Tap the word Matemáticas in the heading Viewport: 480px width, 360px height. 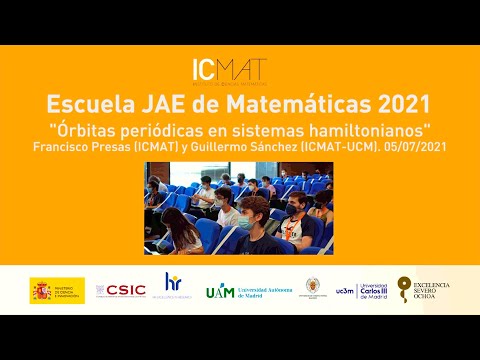coord(283,104)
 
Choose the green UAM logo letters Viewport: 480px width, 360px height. coord(219,291)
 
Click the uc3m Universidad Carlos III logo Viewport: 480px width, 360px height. coord(361,290)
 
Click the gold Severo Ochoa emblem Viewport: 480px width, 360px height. coord(404,288)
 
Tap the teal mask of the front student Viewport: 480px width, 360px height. coord(245,221)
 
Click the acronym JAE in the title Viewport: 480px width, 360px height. coord(163,104)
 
